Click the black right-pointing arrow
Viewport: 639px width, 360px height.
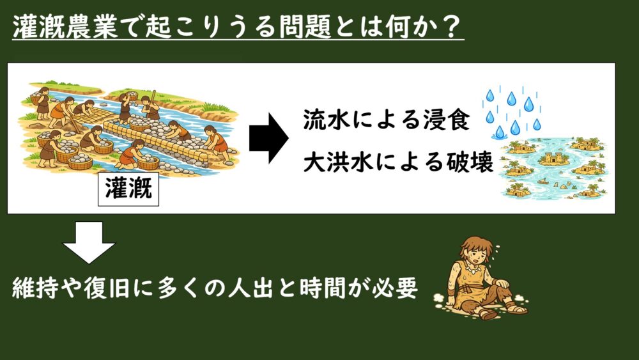(268, 138)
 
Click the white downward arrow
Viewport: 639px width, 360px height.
(88, 242)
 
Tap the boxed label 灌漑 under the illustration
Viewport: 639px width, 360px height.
(128, 189)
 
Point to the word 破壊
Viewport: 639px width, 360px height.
(470, 162)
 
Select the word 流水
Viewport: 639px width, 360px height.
(327, 120)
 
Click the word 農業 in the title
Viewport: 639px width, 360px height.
(91, 27)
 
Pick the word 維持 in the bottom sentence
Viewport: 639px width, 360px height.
(35, 288)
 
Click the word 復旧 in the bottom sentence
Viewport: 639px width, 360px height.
(107, 288)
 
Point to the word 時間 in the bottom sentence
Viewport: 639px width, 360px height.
(322, 288)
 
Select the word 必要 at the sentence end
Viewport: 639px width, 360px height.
(395, 288)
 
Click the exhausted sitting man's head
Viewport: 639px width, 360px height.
(477, 253)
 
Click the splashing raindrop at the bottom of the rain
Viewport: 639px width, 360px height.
(499, 133)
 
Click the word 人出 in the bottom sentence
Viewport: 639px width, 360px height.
(250, 288)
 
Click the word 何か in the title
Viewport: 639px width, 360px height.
(409, 27)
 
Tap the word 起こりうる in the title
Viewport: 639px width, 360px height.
(211, 27)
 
